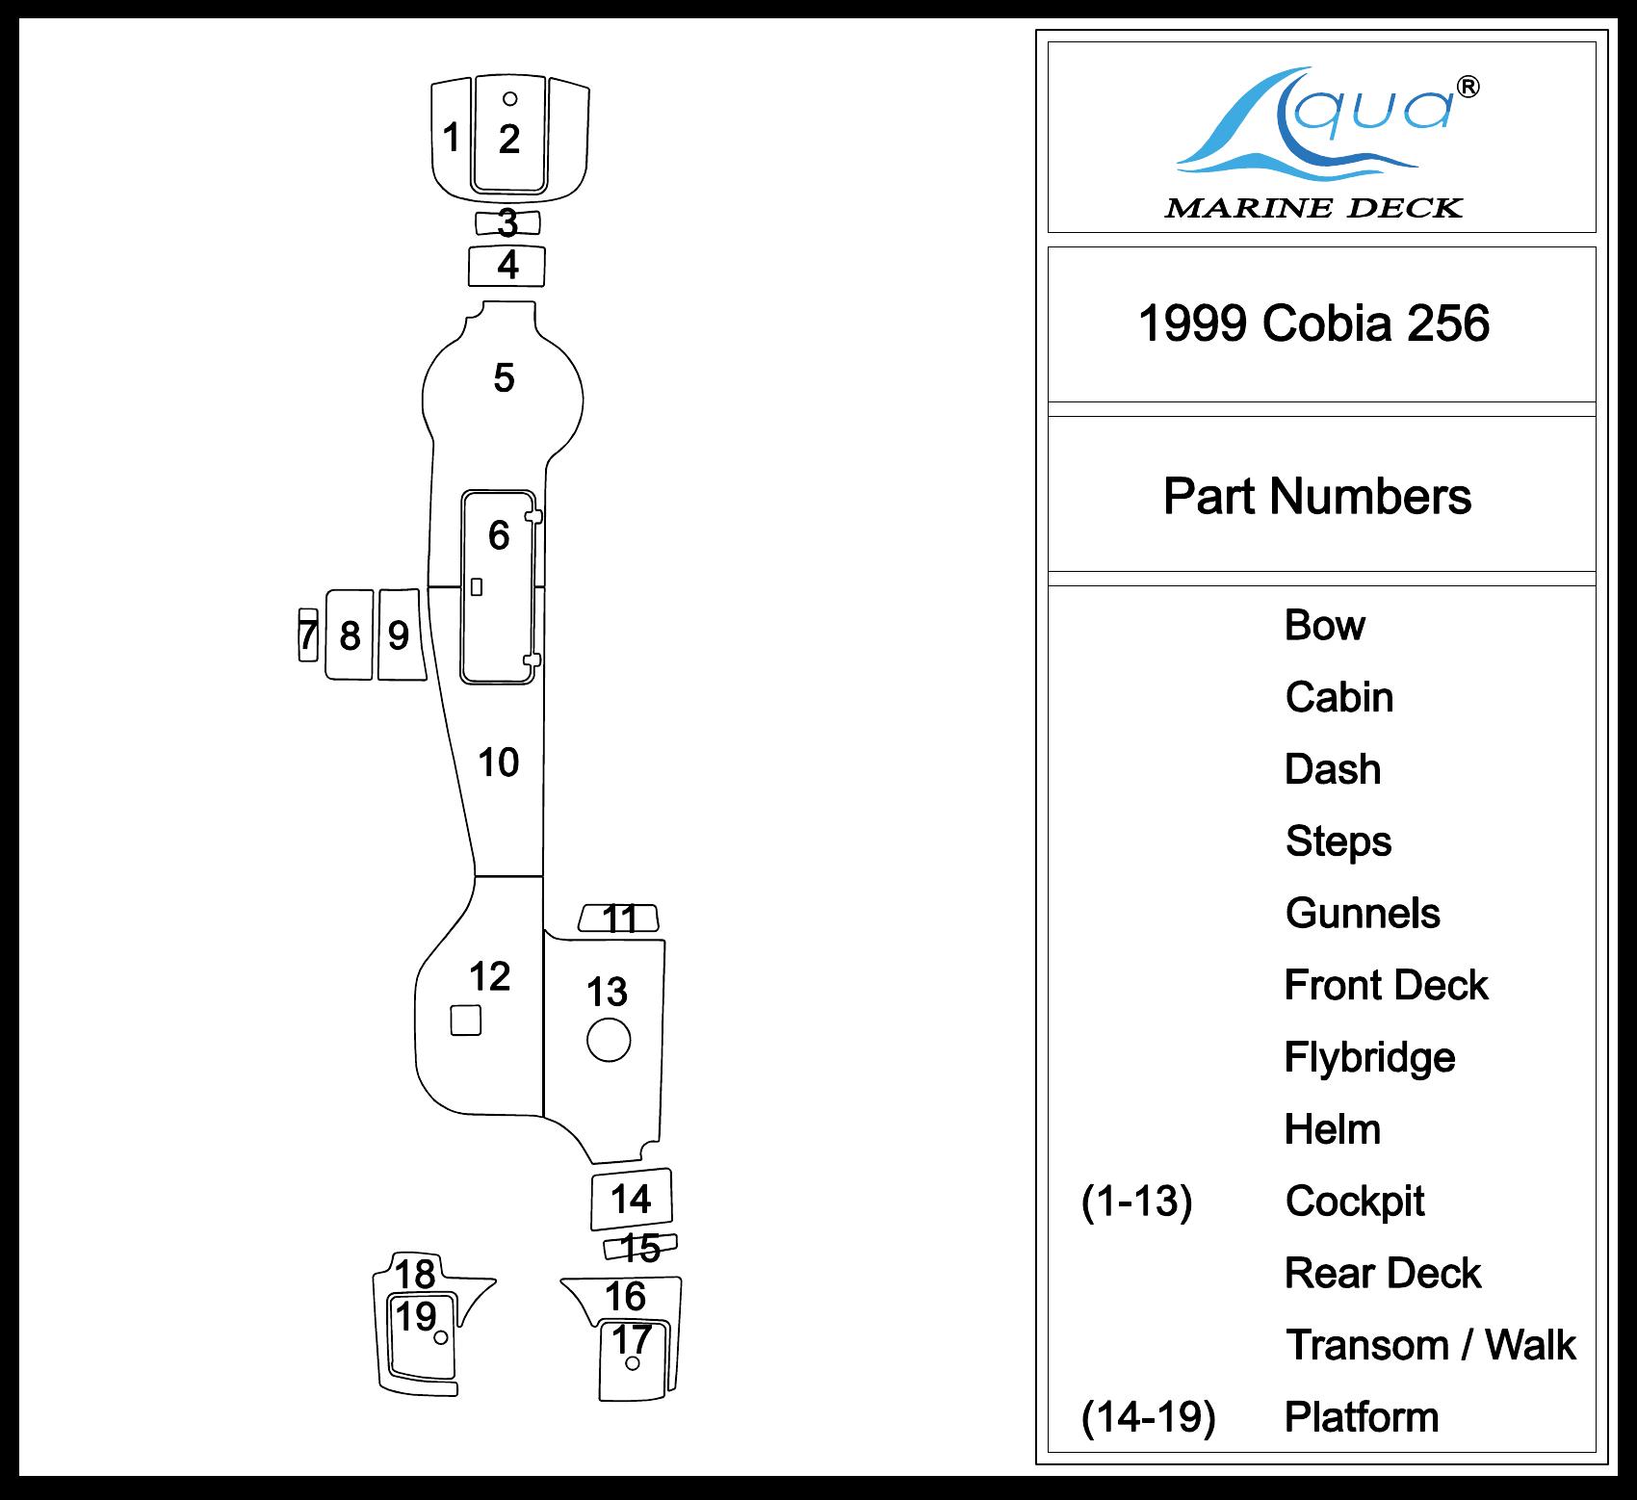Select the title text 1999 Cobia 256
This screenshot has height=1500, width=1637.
pos(1314,323)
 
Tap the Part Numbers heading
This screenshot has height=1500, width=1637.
pos(1316,497)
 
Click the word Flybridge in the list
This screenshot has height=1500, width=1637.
pos(1369,1057)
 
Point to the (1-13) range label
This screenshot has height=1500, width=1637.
pos(1136,1202)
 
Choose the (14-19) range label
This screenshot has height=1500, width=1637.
pos(1148,1417)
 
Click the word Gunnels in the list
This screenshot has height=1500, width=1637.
pos(1363,914)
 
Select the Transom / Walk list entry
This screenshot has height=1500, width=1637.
pos(1430,1345)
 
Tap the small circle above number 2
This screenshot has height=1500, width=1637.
pos(510,98)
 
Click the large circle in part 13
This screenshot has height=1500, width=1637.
pos(609,1040)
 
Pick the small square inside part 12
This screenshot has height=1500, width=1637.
pos(466,1021)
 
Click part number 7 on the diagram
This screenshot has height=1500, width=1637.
pos(307,635)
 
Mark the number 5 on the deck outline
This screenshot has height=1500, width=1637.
pos(504,378)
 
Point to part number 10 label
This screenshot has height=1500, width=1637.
pos(499,763)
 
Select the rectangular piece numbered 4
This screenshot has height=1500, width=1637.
pos(507,266)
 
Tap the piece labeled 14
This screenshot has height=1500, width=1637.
pos(631,1200)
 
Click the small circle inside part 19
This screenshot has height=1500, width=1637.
pos(440,1337)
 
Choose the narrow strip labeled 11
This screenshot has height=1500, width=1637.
pos(619,918)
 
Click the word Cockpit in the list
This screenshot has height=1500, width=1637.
pos(1354,1202)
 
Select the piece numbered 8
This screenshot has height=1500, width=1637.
pos(350,635)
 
